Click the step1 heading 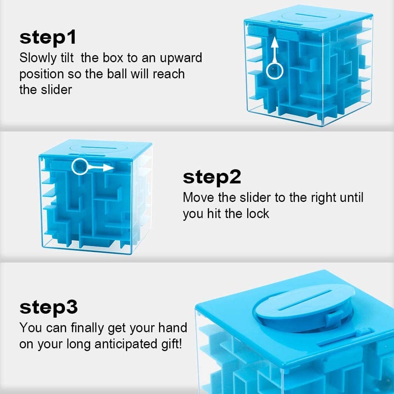48,37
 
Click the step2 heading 212,177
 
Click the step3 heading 49,307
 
